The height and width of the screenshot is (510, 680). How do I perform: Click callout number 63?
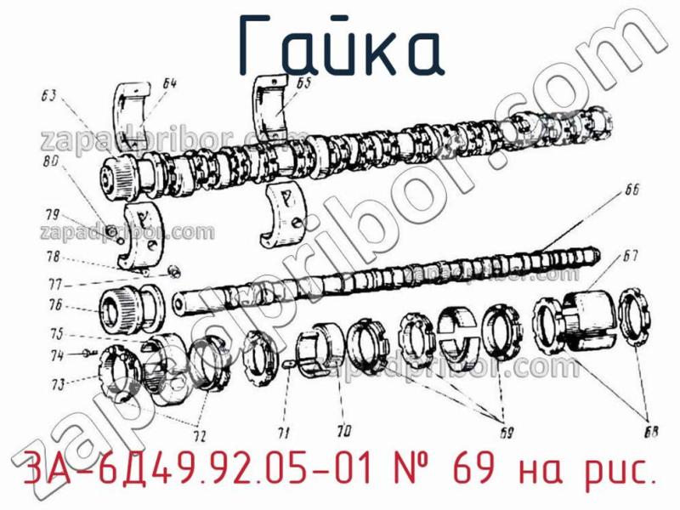48,95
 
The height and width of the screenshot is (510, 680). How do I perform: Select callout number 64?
169,83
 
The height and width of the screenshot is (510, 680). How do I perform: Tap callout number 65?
303,82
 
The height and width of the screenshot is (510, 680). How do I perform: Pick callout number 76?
55,305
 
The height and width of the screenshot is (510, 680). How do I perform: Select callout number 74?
56,355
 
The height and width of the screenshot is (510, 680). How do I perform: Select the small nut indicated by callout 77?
173,272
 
